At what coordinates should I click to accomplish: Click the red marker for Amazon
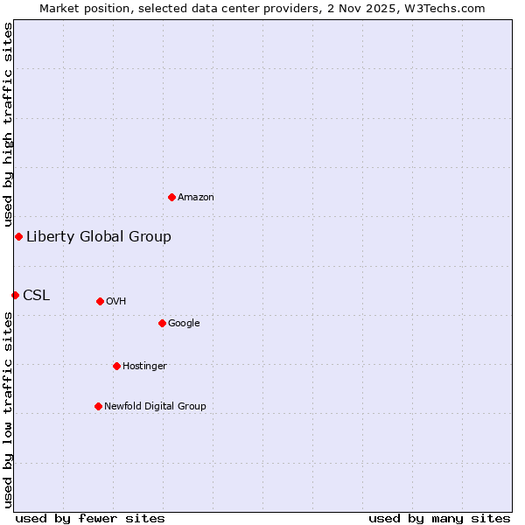pos(171,197)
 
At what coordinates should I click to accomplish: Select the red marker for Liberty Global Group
pos(18,236)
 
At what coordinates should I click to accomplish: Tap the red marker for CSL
pos(15,295)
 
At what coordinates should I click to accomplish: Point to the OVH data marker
pos(100,301)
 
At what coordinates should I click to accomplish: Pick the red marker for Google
pos(162,323)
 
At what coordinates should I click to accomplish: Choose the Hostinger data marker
pos(116,366)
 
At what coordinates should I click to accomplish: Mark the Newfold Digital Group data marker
pos(98,406)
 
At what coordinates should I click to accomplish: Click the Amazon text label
pos(196,197)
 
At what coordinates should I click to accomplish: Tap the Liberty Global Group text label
pos(99,236)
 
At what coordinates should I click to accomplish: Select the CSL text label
pos(37,295)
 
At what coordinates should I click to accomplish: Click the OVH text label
pos(116,301)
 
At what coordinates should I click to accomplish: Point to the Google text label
pos(184,323)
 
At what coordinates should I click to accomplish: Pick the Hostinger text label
pos(144,366)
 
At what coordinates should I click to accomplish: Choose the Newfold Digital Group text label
pos(155,406)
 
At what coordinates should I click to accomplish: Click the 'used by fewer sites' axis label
pos(90,518)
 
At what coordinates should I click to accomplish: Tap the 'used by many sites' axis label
pos(439,518)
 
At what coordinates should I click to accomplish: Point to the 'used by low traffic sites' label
pos(8,409)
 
